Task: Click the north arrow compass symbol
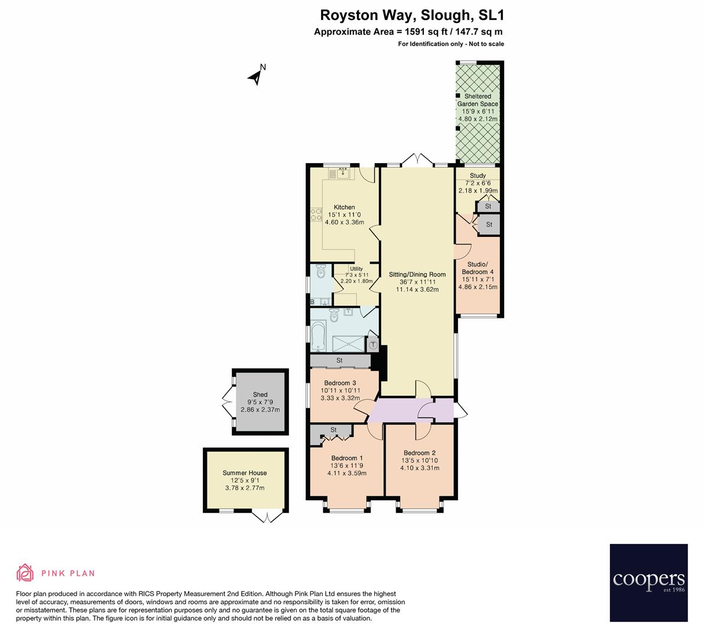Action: (x=257, y=76)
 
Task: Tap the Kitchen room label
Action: (x=344, y=207)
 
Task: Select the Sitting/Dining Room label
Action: (x=417, y=274)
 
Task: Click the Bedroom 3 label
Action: (x=339, y=383)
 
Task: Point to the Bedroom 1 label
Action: (x=347, y=458)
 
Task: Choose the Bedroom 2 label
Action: (x=419, y=453)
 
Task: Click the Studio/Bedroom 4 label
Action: (x=478, y=268)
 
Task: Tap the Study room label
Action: (x=478, y=175)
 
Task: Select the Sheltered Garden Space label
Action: (x=478, y=100)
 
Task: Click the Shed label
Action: (x=260, y=395)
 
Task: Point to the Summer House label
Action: (x=245, y=473)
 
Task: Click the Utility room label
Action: (x=356, y=269)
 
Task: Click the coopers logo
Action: (x=648, y=582)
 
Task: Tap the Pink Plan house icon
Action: (x=25, y=572)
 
